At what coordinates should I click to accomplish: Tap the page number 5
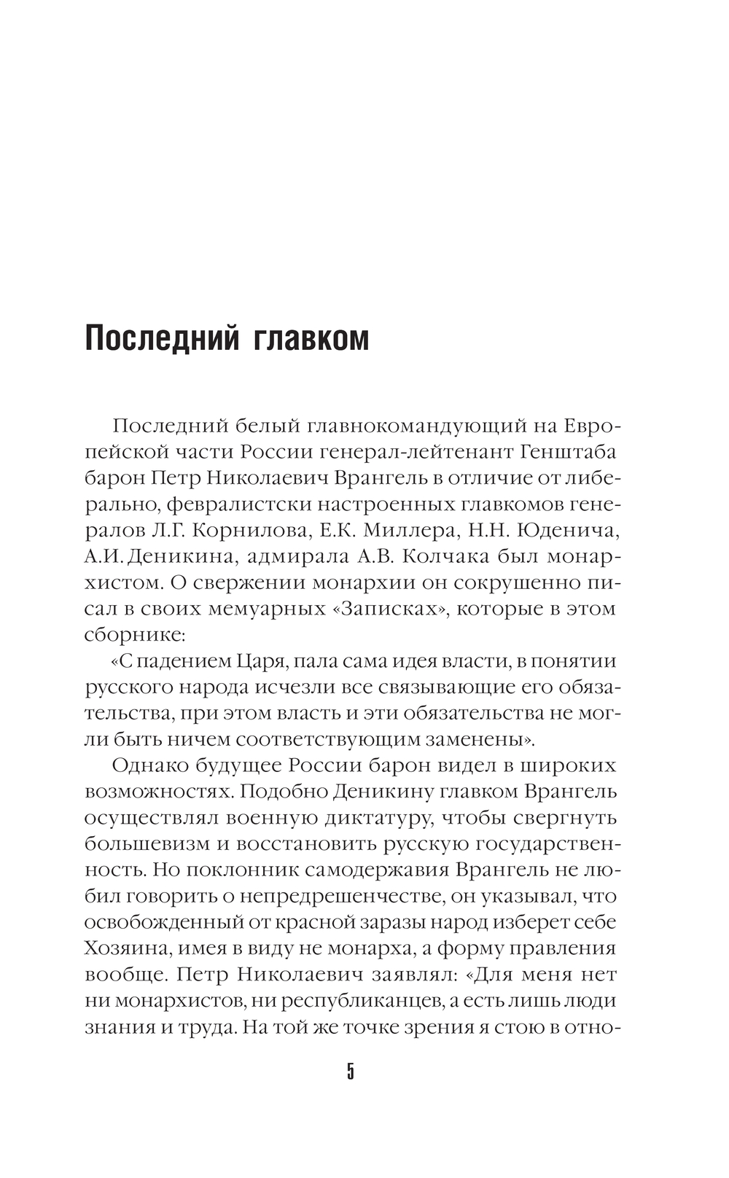point(351,1072)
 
